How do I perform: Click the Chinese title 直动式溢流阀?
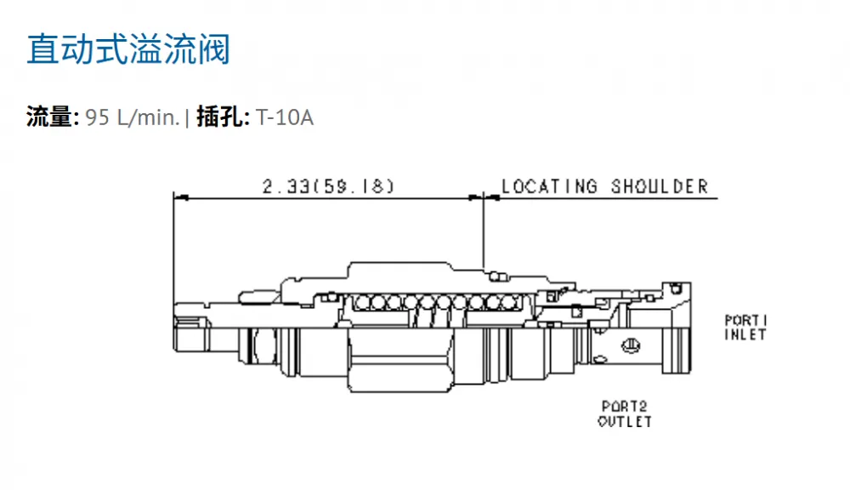point(128,49)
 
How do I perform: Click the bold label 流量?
point(49,117)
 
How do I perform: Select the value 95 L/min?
point(133,117)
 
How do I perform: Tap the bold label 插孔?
point(219,117)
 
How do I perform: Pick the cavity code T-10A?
point(285,117)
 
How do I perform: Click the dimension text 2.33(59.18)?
point(328,186)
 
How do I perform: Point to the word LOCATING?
point(549,186)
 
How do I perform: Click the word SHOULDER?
point(660,186)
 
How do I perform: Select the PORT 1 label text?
point(746,320)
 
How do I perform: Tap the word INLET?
point(746,334)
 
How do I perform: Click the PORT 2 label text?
point(625,406)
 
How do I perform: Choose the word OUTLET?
point(625,421)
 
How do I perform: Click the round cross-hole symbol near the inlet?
point(631,345)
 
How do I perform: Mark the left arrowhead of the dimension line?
point(180,198)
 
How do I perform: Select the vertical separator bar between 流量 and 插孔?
point(187,117)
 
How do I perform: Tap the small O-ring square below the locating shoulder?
point(496,277)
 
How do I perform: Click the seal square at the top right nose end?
point(676,288)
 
